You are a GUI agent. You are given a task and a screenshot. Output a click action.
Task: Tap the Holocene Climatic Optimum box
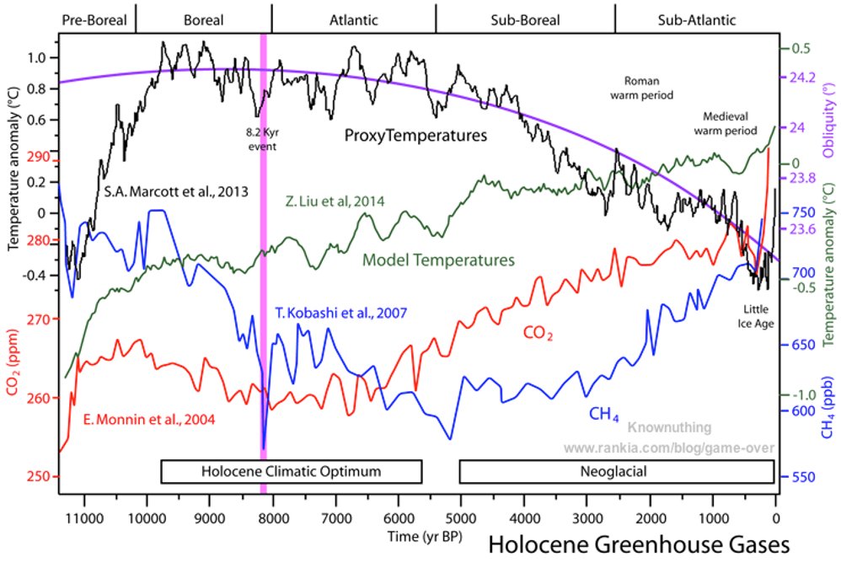(x=291, y=471)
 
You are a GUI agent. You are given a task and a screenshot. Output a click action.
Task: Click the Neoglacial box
(x=614, y=471)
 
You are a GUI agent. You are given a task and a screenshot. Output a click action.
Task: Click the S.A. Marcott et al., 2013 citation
(x=176, y=191)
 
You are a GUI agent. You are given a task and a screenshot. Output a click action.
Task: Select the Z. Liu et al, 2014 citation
(x=333, y=201)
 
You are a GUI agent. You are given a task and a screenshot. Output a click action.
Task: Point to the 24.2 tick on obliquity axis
(x=801, y=78)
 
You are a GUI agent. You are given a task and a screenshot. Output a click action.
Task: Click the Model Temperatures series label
(x=438, y=260)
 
